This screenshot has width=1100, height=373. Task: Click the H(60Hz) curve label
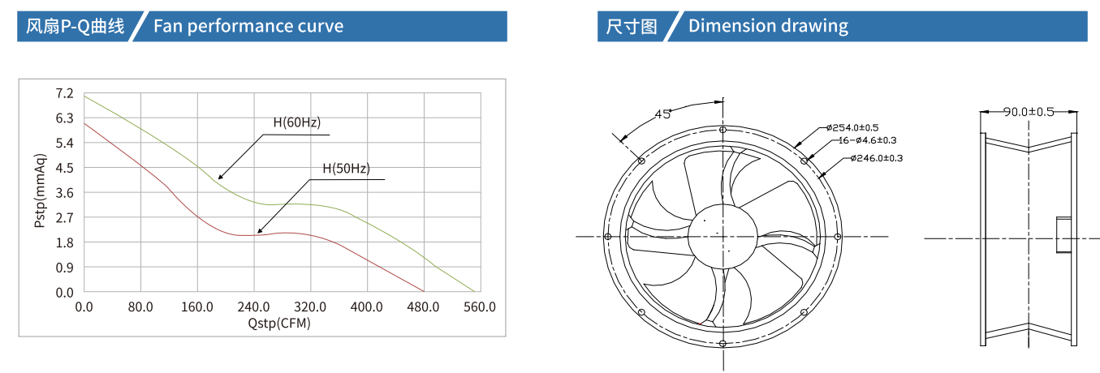pos(296,122)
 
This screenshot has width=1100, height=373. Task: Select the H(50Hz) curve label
pos(346,169)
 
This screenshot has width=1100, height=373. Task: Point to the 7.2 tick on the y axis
pos(64,93)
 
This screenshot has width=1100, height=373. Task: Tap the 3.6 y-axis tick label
pos(64,193)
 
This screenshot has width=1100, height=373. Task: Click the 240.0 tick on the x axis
pos(253,307)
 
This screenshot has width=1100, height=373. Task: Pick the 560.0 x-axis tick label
pos(480,307)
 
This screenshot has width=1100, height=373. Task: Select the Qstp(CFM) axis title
pos(279,323)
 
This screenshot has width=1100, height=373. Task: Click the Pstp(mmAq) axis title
pos(40,191)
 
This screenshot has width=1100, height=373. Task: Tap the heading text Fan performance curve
pos(248,26)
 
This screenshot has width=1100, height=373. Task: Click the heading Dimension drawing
pos(768,26)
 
